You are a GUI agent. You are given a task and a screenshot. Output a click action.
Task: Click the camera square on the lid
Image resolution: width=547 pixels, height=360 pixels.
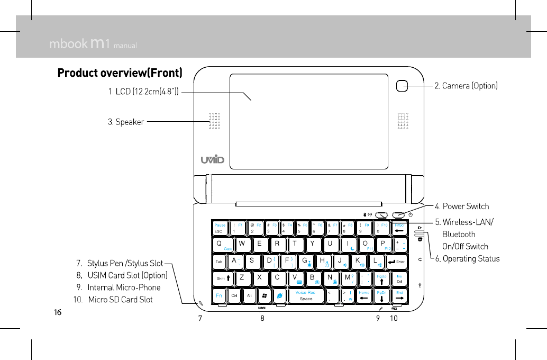click(x=403, y=85)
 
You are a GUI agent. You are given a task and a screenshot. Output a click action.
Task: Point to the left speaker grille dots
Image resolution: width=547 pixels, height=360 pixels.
click(x=214, y=121)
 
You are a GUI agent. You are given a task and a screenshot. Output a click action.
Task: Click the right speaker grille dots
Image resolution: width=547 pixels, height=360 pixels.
click(x=403, y=121)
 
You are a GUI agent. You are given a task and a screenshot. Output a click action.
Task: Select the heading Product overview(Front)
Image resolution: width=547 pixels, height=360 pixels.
click(x=120, y=73)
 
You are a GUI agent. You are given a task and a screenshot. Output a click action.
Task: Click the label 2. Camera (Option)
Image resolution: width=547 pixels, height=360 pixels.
click(x=466, y=85)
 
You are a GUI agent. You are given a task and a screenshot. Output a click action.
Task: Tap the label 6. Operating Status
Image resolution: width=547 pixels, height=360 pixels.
click(x=467, y=258)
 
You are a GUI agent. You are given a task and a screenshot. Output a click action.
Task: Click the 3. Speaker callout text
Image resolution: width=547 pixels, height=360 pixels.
click(x=126, y=122)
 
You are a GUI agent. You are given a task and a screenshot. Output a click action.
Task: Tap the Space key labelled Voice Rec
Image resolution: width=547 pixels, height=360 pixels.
click(x=306, y=295)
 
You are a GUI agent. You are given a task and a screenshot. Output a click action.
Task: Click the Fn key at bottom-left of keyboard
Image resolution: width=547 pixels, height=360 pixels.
click(x=219, y=295)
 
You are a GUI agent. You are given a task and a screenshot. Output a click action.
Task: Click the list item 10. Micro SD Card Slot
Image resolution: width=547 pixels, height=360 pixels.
click(x=113, y=300)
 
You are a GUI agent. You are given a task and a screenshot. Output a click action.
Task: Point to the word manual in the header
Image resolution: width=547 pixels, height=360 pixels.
click(x=125, y=46)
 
